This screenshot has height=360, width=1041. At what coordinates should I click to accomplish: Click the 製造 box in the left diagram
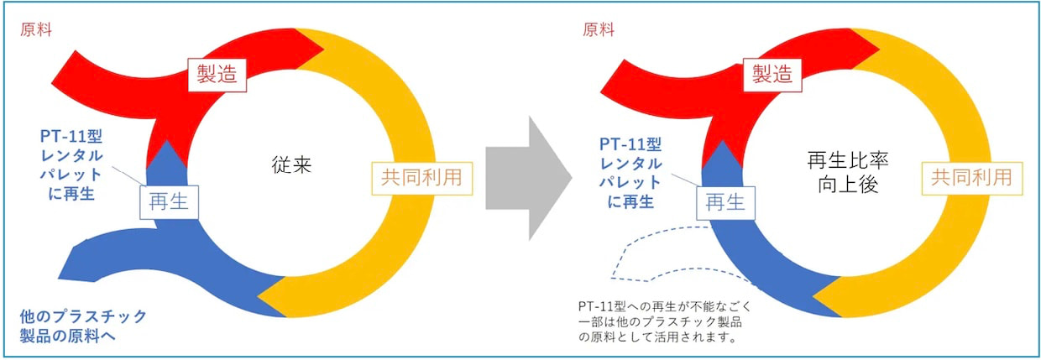point(217,75)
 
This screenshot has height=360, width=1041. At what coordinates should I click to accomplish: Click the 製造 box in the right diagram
point(772,76)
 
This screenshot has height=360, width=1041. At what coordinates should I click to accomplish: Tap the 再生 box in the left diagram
point(170,202)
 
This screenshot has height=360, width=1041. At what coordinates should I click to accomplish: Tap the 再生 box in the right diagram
point(725,203)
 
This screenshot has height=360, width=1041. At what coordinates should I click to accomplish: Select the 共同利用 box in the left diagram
point(422,179)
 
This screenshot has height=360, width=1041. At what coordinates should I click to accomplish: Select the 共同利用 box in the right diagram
point(972,179)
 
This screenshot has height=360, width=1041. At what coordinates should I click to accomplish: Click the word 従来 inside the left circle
point(291,165)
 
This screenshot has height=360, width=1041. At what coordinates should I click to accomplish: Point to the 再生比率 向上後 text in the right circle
point(848,172)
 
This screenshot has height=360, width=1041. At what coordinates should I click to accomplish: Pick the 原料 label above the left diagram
point(36,30)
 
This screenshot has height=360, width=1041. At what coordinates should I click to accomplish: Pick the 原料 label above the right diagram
point(599,30)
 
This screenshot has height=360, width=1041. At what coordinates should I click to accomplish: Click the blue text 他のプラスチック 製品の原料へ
point(83,326)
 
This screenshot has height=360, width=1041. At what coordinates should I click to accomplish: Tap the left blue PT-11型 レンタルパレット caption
point(71,165)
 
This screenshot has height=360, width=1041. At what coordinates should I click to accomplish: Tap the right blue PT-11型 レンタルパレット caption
point(630,173)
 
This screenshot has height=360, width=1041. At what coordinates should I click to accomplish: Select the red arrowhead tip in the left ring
point(324,48)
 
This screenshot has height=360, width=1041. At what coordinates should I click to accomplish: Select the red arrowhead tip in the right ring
point(879,48)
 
